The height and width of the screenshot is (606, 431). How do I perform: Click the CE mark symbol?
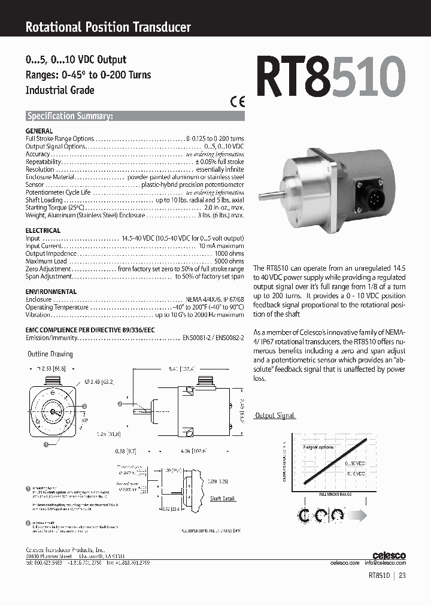pyautogui.click(x=238, y=101)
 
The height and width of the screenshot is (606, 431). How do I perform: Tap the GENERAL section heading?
pyautogui.click(x=39, y=131)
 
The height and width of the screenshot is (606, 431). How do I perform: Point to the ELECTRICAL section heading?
pyautogui.click(x=43, y=231)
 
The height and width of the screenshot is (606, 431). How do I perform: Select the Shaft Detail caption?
pyautogui.click(x=223, y=498)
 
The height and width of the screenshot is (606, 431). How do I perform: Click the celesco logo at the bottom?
pyautogui.click(x=389, y=556)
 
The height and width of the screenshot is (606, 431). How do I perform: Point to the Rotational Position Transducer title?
pyautogui.click(x=108, y=27)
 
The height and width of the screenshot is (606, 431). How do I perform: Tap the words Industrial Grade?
pyautogui.click(x=60, y=90)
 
